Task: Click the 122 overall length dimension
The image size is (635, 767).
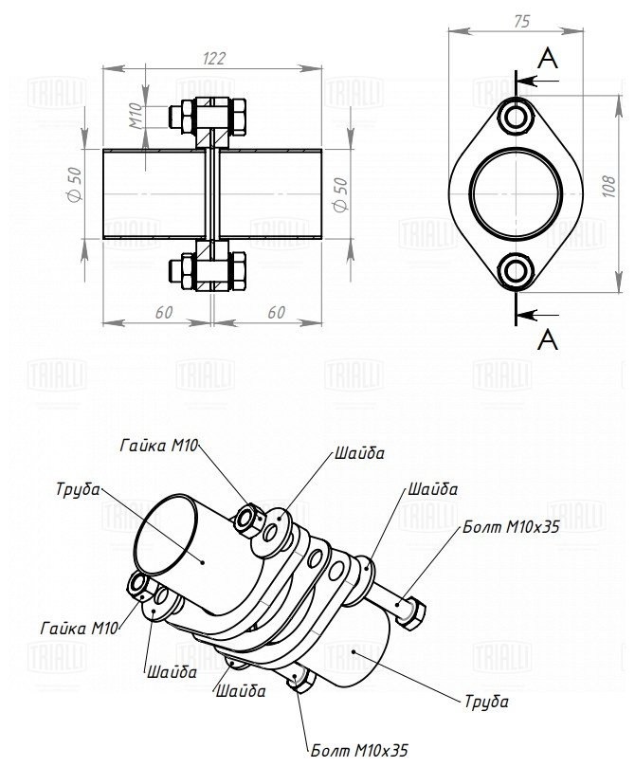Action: (x=213, y=58)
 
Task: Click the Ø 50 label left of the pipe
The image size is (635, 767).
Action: (x=75, y=183)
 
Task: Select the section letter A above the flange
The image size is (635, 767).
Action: (x=548, y=60)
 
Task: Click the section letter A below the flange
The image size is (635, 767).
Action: (x=548, y=338)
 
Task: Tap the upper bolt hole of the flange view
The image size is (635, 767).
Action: (x=517, y=118)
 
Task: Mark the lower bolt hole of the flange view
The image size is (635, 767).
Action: (x=517, y=271)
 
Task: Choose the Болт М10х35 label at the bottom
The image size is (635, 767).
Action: (x=359, y=751)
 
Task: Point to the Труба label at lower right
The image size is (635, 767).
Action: (x=487, y=702)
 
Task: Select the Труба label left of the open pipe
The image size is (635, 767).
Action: (x=79, y=489)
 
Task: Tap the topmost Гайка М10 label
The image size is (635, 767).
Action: (x=158, y=445)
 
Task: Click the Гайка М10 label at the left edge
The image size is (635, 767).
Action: (x=79, y=628)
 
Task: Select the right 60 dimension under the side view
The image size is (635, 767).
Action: (x=277, y=312)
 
